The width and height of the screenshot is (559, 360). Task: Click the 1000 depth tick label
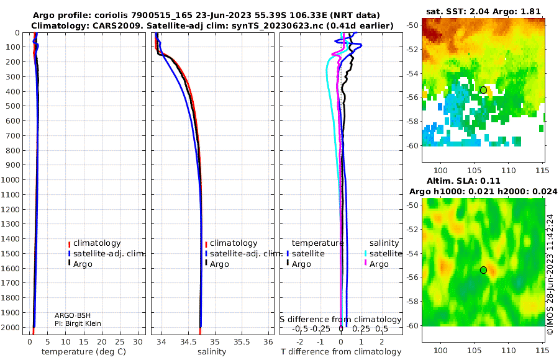10,179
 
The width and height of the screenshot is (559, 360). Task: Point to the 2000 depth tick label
10,327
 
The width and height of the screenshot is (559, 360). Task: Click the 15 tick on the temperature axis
83,342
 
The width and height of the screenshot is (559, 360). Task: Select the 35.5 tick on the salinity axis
242,342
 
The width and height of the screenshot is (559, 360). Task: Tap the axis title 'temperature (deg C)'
84,352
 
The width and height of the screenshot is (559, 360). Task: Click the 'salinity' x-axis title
212,352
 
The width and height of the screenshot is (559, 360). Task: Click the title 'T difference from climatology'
341,352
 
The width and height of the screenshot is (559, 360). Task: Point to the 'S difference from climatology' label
340,319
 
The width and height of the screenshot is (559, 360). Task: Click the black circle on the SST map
483,90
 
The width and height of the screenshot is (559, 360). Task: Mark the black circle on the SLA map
483,270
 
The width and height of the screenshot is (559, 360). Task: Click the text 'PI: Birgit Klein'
78,323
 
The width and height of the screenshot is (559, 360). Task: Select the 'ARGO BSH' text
73,315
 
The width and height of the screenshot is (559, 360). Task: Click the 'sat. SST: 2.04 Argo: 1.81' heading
483,11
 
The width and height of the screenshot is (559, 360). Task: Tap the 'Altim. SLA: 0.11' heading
463,181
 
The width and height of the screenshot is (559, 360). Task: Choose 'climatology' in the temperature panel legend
97,243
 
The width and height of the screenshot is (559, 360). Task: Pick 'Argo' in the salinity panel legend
219,264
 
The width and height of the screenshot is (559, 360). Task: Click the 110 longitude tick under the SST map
508,170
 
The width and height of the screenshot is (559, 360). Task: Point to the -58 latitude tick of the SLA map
412,302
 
